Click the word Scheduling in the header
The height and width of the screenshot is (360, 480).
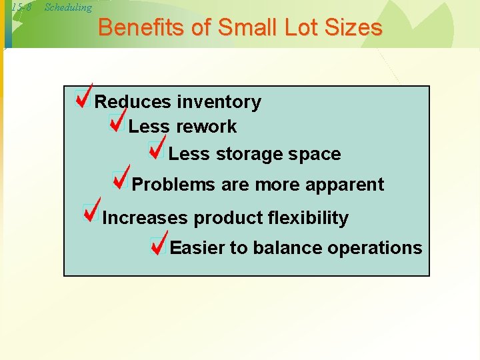click(x=67, y=7)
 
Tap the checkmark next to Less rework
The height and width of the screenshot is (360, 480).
click(x=117, y=123)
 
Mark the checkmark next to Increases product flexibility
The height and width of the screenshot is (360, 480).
click(x=91, y=211)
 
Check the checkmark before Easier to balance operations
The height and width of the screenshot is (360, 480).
click(x=159, y=244)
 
